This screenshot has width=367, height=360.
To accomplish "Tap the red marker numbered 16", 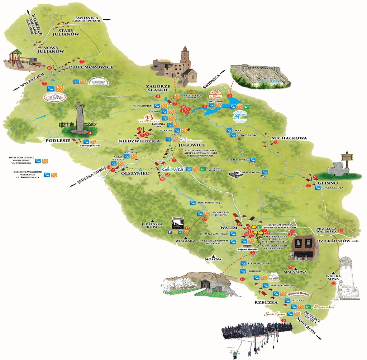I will tap(49, 68).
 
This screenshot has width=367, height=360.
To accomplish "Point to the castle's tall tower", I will tap(185, 57).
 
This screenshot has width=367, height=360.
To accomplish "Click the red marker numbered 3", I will tap(230, 95).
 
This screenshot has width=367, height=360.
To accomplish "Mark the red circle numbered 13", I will tap(276, 143).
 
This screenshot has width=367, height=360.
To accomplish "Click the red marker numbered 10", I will tap(334, 283).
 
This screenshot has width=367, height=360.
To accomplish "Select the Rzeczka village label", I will tap(266, 302).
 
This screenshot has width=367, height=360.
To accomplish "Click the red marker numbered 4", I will tap(90, 133).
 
